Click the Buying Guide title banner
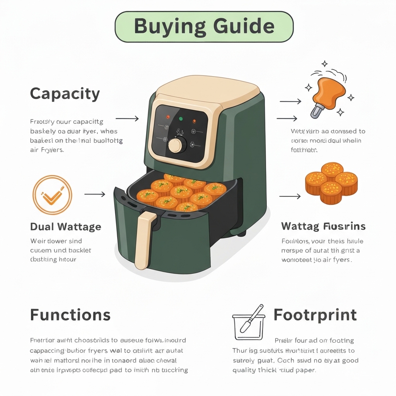click(204, 26)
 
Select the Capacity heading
click(65, 94)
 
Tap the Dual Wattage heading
click(66, 227)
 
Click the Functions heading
click(70, 315)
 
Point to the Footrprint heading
click(315, 315)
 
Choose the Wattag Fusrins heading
click(323, 226)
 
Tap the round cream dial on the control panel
click(175, 145)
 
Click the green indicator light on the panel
click(181, 118)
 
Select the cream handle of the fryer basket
click(143, 240)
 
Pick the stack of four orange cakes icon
click(331, 183)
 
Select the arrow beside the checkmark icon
click(95, 194)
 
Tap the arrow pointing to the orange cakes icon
click(290, 196)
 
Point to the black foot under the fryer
click(242, 233)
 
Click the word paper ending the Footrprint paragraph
click(307, 370)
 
